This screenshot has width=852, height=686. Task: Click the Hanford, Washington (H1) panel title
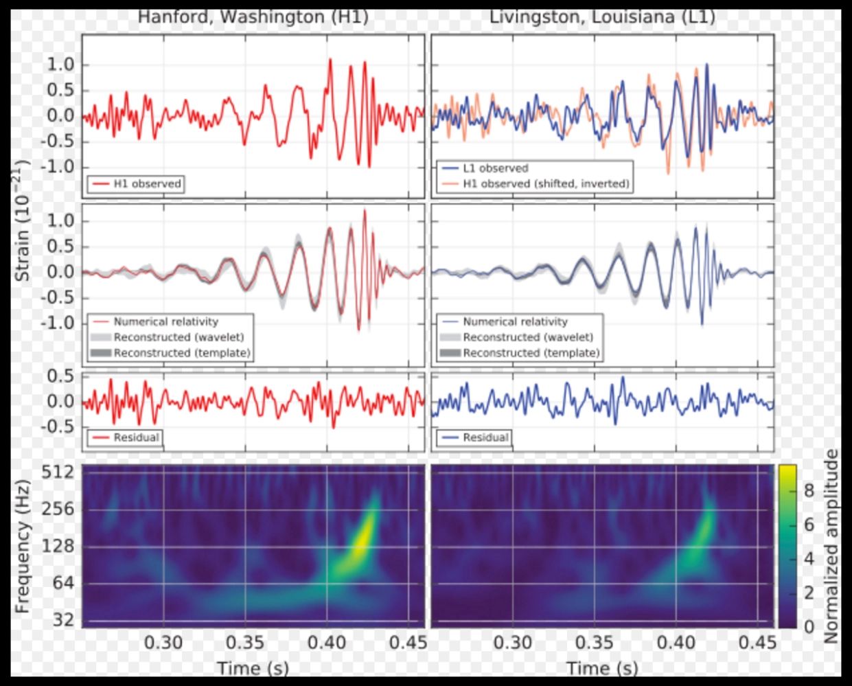click(253, 16)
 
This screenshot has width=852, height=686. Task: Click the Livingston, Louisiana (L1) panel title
click(601, 16)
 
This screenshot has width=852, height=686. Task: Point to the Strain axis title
click(23, 220)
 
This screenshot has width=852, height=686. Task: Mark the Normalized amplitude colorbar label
click(831, 546)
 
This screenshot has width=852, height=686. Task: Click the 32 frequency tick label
click(62, 620)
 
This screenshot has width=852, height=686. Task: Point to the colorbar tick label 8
click(809, 490)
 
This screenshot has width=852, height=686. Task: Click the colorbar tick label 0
click(809, 626)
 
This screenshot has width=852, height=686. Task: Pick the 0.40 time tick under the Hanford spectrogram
click(327, 643)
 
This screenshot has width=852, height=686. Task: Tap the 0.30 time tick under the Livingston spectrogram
click(513, 643)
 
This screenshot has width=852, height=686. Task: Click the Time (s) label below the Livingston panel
click(602, 667)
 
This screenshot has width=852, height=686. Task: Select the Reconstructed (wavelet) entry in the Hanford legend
click(179, 337)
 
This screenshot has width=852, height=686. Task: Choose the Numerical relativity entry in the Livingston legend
click(515, 321)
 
